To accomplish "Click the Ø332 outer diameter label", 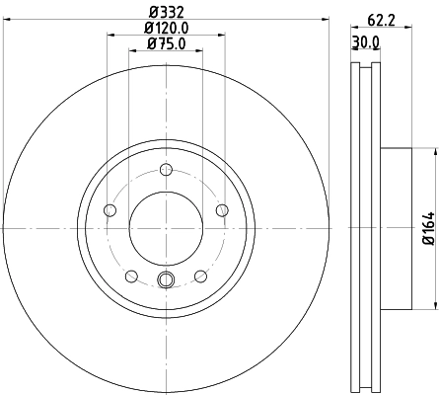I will (165, 11).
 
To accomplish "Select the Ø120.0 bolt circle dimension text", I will (165, 29).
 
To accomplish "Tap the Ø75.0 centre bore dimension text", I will (165, 43).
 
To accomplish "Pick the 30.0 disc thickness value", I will (365, 42).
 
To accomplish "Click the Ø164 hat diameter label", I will (429, 228).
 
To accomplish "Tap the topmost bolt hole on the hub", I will (165, 169).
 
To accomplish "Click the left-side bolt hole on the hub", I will (110, 209).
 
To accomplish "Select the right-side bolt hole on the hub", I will (221, 209).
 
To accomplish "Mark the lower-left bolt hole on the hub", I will (131, 276).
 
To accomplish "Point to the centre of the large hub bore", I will (165, 228).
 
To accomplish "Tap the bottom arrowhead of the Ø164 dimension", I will (432, 303).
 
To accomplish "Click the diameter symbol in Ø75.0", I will (151, 43).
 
